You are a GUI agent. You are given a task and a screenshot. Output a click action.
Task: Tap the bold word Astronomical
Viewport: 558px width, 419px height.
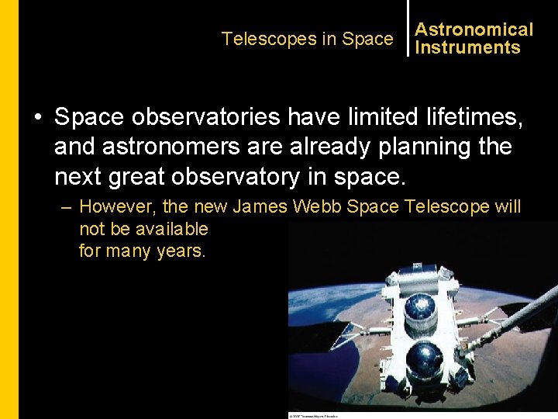click(474, 29)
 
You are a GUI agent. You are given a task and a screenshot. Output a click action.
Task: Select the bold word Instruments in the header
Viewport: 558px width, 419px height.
click(467, 47)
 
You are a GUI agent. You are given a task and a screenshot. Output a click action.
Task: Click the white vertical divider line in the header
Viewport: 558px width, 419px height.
click(407, 29)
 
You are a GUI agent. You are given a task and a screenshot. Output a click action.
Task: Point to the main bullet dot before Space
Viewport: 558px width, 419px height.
click(37, 118)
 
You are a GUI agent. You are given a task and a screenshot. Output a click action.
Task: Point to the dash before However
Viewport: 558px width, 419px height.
click(67, 207)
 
